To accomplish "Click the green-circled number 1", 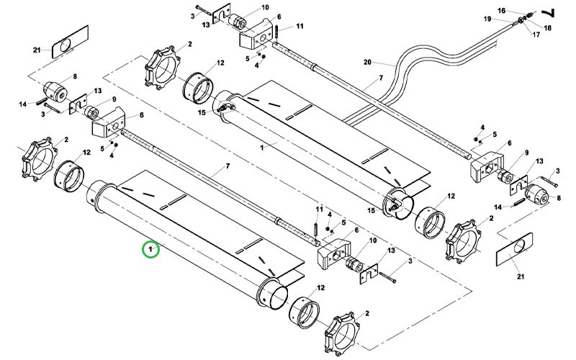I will pos(150,250).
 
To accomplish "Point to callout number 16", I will pos(502,11).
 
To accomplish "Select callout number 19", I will pos(487,19).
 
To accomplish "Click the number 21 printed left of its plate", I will pos(37,50).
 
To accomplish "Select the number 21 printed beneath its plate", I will pos(520,276).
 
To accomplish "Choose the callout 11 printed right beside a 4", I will pos(320,209).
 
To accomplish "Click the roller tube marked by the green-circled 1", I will pos(180,238).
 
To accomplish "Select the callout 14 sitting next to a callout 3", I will pos(22,104).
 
